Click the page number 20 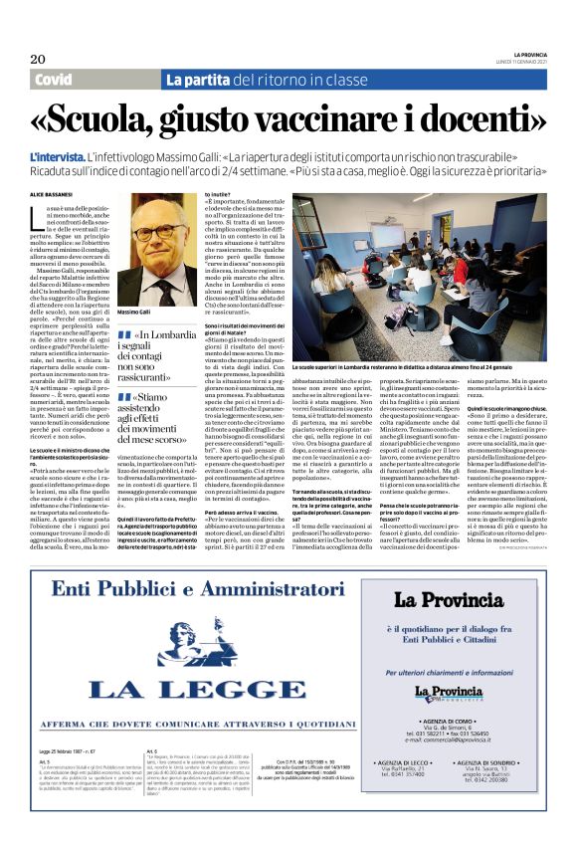38,59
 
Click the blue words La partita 199,80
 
